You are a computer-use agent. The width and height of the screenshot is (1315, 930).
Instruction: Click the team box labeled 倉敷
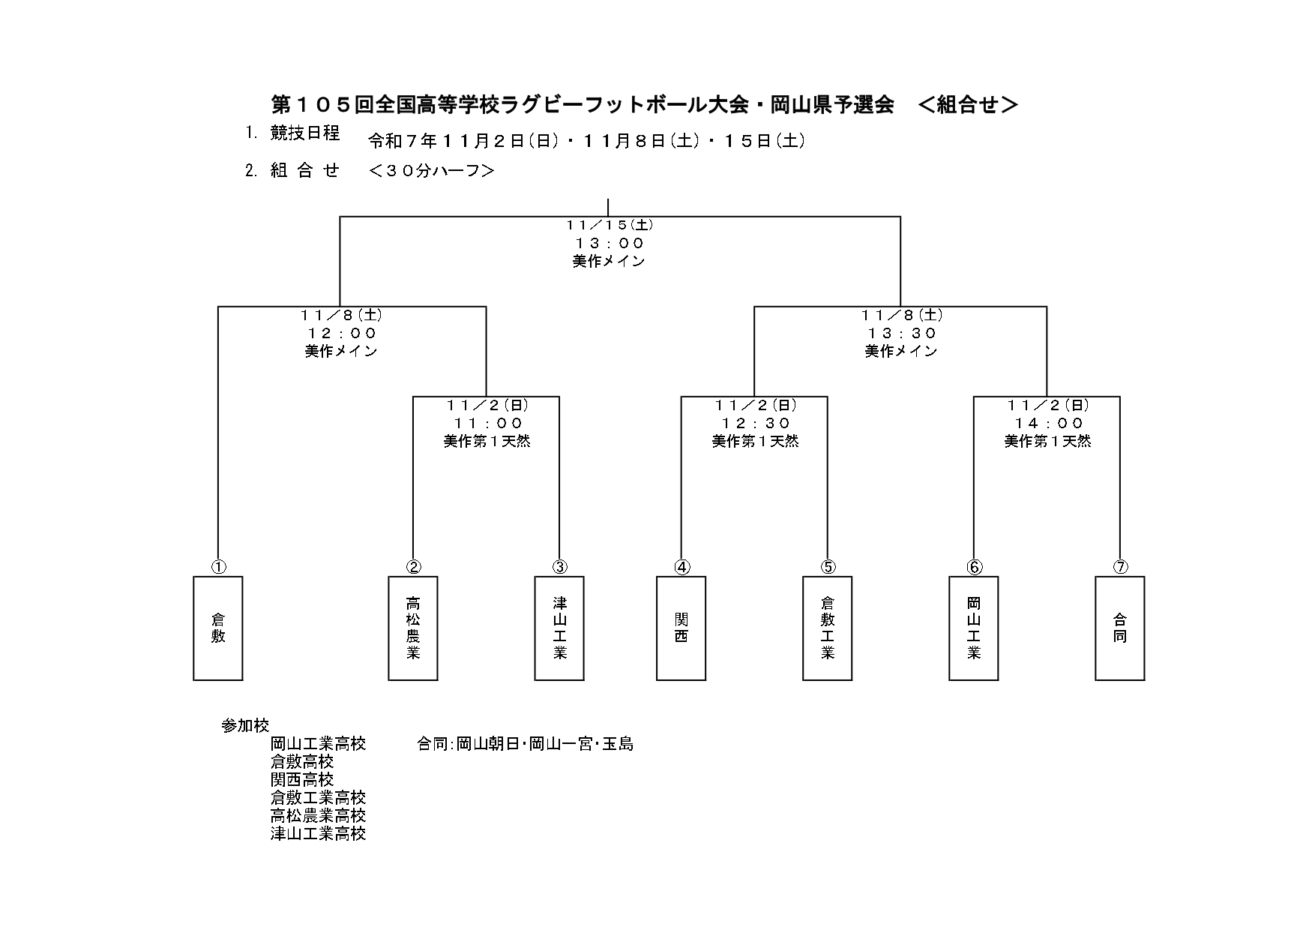click(218, 628)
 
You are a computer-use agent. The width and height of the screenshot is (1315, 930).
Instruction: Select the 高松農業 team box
click(413, 628)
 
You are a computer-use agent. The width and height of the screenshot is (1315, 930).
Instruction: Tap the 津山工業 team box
click(559, 628)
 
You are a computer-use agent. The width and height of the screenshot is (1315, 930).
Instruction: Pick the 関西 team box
click(681, 628)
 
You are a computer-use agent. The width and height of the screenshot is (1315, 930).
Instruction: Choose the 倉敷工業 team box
click(827, 628)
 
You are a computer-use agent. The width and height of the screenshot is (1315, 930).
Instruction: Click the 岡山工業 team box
click(973, 628)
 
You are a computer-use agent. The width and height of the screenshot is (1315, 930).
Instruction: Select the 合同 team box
click(1119, 628)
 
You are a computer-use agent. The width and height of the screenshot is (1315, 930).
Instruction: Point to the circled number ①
click(218, 567)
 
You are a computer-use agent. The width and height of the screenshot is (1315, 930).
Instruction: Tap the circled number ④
click(681, 567)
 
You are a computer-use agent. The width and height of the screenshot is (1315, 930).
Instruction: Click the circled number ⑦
click(1120, 567)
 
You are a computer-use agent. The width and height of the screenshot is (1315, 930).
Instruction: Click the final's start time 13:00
click(609, 243)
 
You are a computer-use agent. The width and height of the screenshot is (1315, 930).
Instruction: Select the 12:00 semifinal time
click(341, 333)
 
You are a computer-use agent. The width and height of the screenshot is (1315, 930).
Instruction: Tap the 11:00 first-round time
click(487, 423)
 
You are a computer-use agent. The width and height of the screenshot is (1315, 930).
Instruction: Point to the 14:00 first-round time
click(1048, 423)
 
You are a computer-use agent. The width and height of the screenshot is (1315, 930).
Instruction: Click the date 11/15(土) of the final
click(609, 224)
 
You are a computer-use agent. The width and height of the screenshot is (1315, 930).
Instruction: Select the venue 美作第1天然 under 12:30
click(755, 442)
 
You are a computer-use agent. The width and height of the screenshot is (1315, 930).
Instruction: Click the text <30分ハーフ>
click(431, 171)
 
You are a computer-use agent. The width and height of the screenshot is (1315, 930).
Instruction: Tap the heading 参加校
click(245, 726)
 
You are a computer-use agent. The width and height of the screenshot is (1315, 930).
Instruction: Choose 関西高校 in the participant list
click(302, 780)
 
